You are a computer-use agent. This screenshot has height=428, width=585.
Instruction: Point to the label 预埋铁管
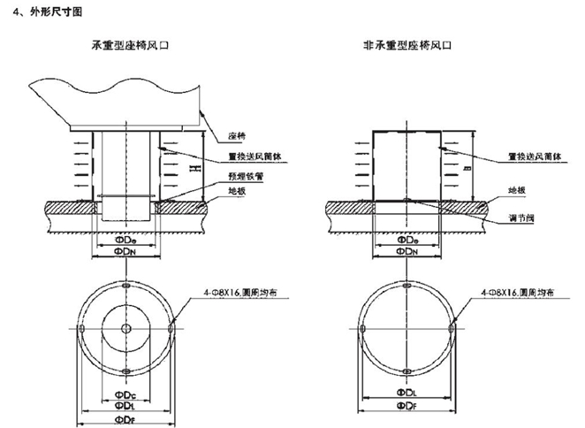click(x=243, y=175)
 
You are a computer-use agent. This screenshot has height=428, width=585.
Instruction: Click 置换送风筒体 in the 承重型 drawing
click(x=250, y=159)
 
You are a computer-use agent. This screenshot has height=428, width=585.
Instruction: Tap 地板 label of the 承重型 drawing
click(x=237, y=189)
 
